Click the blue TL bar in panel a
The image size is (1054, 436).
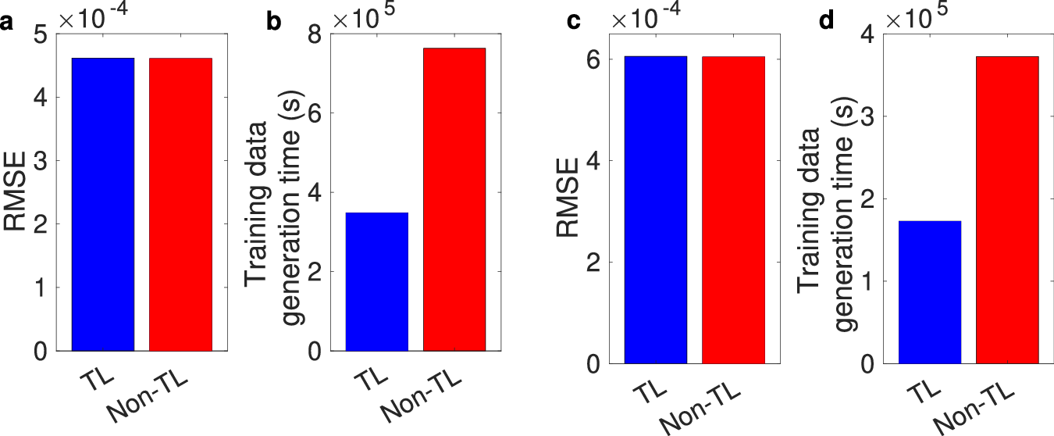[x=103, y=204]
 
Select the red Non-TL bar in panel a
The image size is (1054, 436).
[x=180, y=204]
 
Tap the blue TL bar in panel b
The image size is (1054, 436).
[x=377, y=281]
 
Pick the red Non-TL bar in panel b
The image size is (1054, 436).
[x=454, y=199]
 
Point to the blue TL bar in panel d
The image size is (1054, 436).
[x=930, y=292]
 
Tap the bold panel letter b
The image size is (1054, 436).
[x=274, y=22]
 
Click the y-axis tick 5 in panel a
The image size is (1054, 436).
[x=41, y=34]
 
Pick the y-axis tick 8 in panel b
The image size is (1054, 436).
[x=314, y=34]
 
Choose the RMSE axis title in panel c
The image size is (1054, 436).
[x=568, y=200]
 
